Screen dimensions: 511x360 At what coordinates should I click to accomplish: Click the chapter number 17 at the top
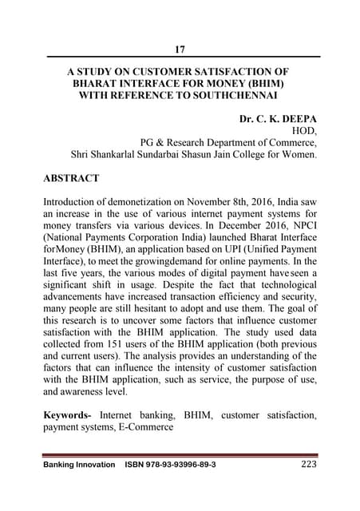[x=180, y=50]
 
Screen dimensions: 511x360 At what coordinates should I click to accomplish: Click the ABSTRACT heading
[x=72, y=178]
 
